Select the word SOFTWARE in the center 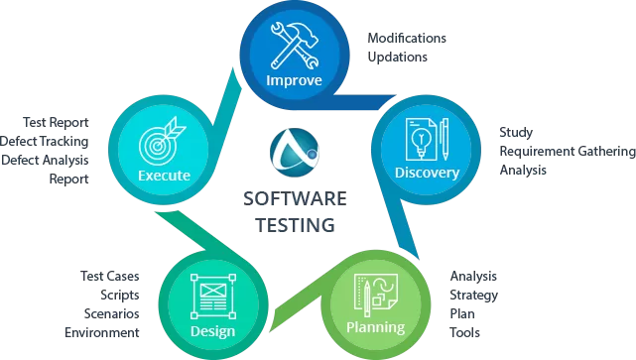click(289, 199)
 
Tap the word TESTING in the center click(290, 224)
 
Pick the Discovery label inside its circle click(427, 174)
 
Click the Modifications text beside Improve click(407, 38)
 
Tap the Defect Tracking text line click(45, 141)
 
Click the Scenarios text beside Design click(111, 313)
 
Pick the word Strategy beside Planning click(473, 295)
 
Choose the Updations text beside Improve click(397, 57)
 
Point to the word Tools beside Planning click(465, 332)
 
